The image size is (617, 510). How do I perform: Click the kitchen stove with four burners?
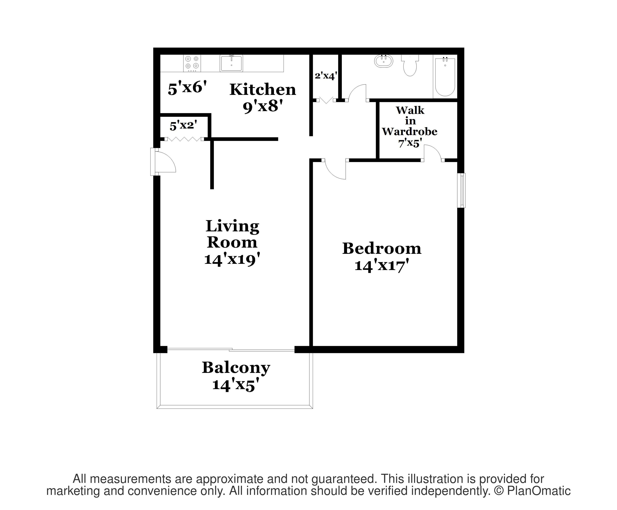(192, 63)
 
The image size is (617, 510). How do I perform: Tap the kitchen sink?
(231, 63)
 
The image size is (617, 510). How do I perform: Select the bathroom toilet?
(410, 66)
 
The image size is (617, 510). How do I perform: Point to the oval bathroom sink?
(383, 61)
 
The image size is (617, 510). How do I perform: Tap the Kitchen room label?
(263, 90)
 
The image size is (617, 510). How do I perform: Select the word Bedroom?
(382, 249)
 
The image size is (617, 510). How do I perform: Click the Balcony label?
(236, 368)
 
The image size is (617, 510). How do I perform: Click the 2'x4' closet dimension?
(326, 76)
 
